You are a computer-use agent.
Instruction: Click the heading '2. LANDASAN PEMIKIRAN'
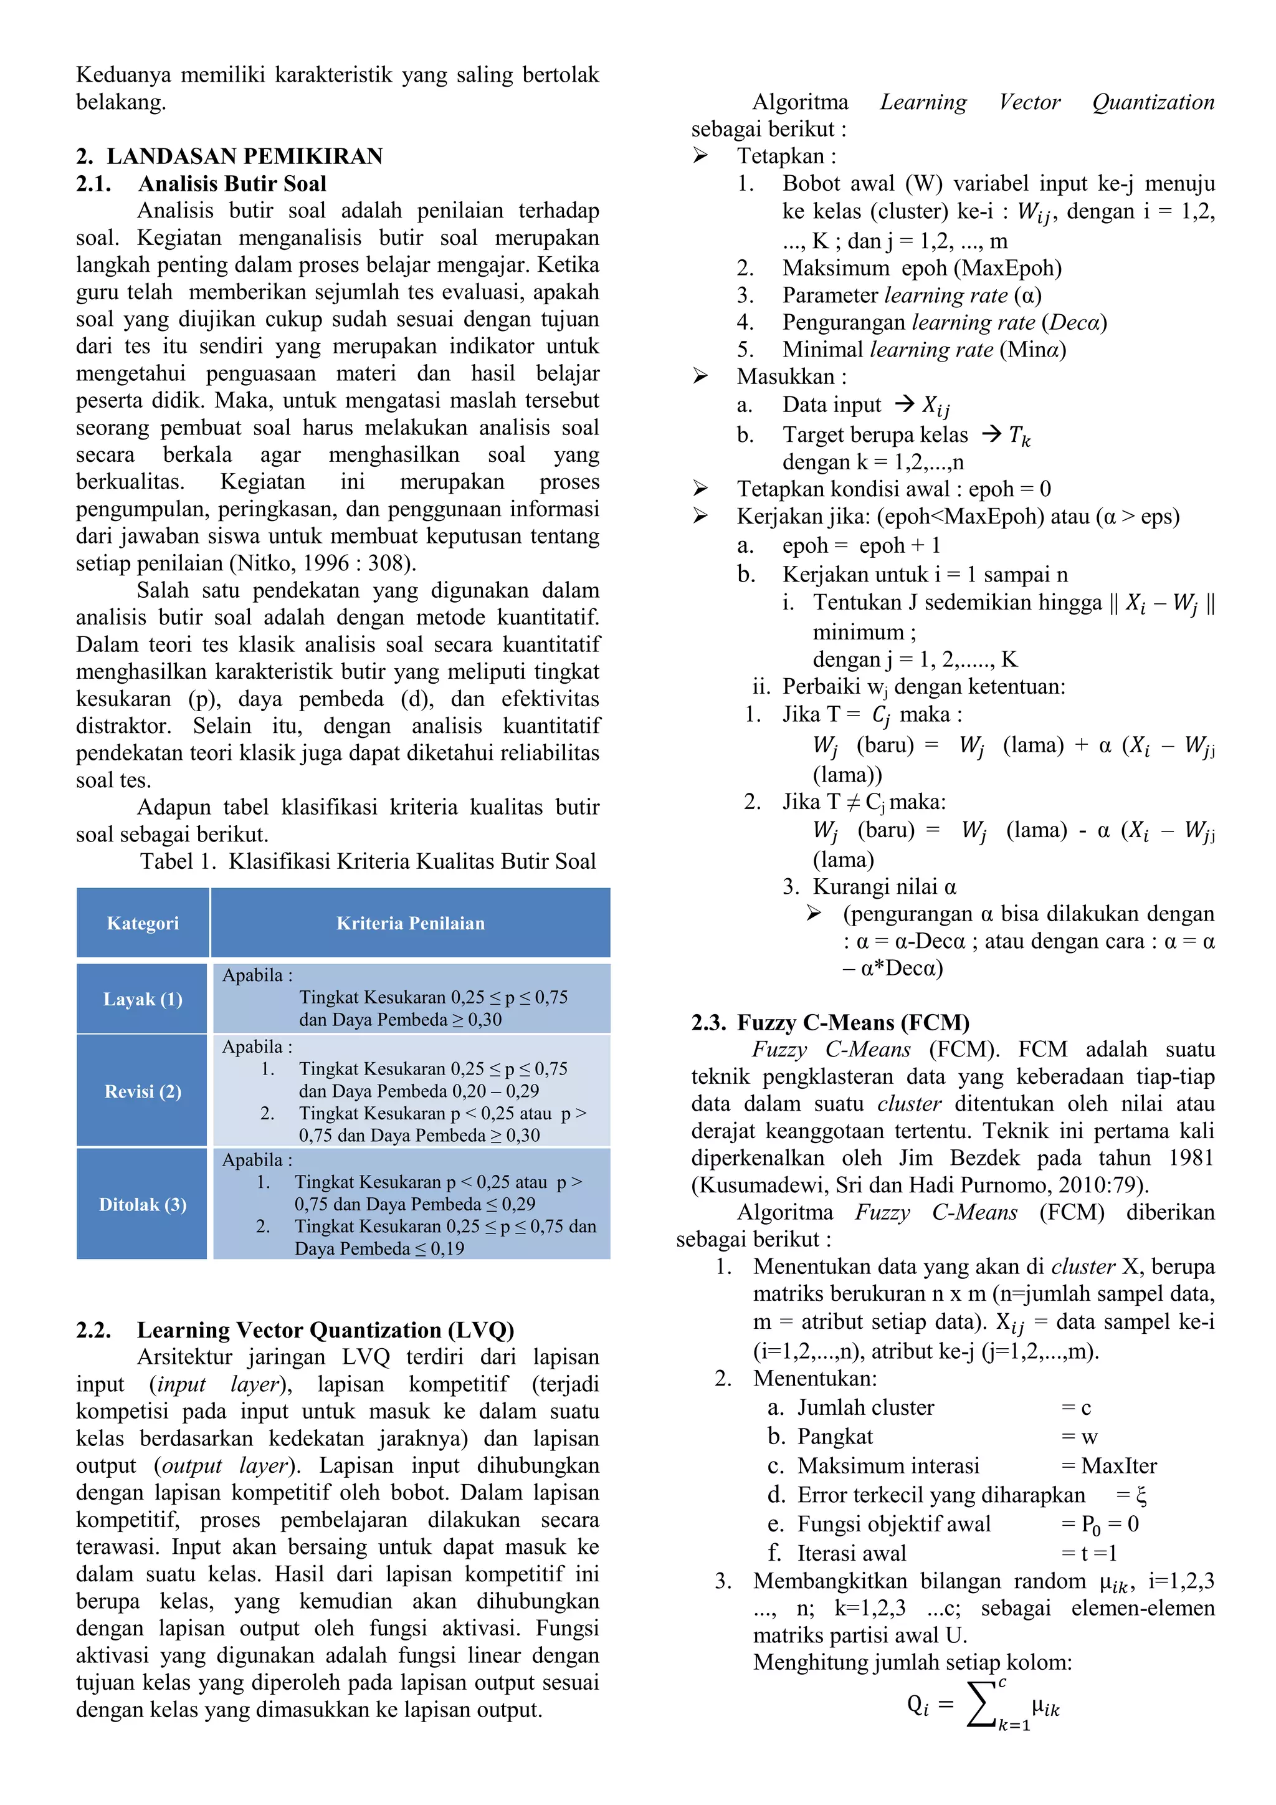tap(229, 156)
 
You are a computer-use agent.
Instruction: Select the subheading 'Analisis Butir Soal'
tap(232, 183)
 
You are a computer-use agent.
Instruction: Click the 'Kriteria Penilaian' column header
tap(410, 923)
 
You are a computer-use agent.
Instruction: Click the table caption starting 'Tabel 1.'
tap(368, 861)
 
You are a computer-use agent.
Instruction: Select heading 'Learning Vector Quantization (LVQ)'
tap(325, 1330)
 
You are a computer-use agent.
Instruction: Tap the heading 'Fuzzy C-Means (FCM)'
tap(852, 1023)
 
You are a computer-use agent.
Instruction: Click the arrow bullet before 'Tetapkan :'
tap(700, 156)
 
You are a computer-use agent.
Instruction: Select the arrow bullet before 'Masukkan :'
tap(700, 376)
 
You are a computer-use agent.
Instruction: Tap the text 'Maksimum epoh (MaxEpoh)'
tap(921, 268)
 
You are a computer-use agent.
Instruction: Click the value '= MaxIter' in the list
tap(1108, 1466)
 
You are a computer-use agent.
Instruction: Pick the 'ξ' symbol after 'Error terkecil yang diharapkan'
tap(1141, 1495)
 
